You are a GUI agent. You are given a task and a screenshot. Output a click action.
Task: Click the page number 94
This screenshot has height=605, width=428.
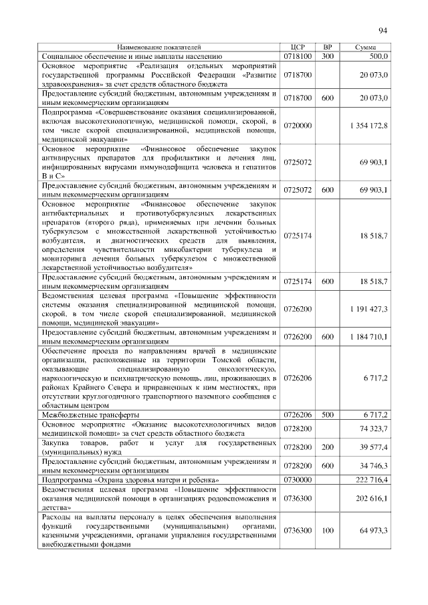click(383, 30)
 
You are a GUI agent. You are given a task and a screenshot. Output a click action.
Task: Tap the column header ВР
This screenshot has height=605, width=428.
click(327, 48)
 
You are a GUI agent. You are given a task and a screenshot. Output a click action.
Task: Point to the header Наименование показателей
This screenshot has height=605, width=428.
click(158, 48)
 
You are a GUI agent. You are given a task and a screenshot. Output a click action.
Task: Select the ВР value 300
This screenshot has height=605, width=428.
click(327, 57)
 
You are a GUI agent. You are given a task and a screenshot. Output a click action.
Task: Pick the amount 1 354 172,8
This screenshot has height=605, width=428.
click(368, 126)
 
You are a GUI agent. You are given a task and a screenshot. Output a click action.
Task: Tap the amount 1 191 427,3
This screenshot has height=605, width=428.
click(368, 310)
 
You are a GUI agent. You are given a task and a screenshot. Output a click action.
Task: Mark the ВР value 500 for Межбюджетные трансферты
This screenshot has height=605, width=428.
click(327, 414)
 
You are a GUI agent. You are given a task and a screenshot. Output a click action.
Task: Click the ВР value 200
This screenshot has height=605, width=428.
click(327, 447)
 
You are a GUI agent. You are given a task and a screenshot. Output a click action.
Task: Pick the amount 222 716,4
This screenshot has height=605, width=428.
click(371, 479)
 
